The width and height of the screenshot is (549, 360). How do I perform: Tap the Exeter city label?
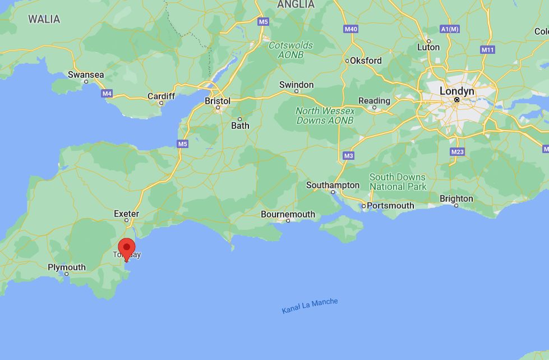tap(126, 214)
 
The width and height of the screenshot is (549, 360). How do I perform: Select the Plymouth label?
tap(67, 267)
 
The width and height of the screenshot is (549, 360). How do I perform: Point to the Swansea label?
tap(86, 75)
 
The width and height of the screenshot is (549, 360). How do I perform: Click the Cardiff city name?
tap(161, 96)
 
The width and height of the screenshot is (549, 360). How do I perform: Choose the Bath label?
tap(240, 126)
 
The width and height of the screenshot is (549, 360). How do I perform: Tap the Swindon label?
tap(297, 85)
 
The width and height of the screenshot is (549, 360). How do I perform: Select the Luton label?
tap(428, 47)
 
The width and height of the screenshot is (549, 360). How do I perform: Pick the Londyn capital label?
tap(456, 91)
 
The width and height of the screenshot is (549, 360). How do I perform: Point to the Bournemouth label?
tap(288, 214)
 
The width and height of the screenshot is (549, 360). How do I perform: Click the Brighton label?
tap(456, 199)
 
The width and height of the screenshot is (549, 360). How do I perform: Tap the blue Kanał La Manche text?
tap(310, 306)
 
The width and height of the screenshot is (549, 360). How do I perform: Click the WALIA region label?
tap(44, 19)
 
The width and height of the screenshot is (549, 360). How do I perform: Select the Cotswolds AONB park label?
tap(290, 50)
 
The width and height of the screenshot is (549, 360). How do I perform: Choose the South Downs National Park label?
tap(398, 182)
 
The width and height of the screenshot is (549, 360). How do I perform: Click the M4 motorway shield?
tap(107, 93)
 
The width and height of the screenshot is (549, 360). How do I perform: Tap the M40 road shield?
tap(350, 29)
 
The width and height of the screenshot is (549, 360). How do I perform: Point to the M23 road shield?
tap(457, 152)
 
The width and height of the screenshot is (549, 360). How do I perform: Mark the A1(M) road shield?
tap(450, 29)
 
